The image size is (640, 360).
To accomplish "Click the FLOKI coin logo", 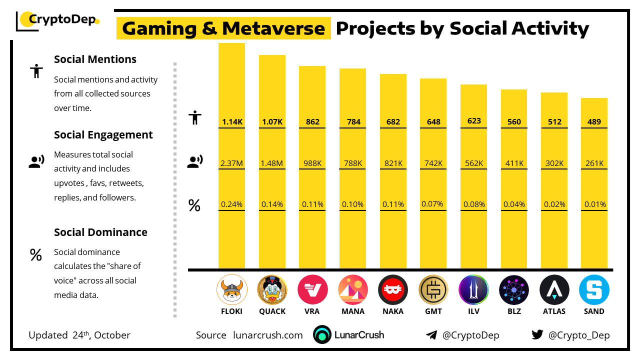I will click(x=231, y=290).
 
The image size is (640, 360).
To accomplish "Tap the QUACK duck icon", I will click(x=272, y=290).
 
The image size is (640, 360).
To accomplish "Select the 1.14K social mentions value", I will click(x=231, y=122).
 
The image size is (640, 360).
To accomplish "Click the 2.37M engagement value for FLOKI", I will click(x=231, y=163).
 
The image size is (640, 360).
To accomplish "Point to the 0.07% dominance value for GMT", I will click(x=433, y=203).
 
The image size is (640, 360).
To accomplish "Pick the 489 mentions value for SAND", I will click(x=594, y=122).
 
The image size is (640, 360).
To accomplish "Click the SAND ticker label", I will click(x=594, y=311).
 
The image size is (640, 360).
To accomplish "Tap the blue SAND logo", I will click(x=594, y=290).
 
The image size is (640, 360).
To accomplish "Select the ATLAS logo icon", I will click(x=554, y=290).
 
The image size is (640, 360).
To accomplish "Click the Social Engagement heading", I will click(x=103, y=135).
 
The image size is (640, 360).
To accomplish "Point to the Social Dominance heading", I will click(x=100, y=232).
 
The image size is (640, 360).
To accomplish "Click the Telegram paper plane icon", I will click(x=431, y=335).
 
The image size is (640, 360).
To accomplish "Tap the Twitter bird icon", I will click(x=537, y=334).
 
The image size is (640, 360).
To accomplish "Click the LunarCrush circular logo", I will click(x=322, y=335).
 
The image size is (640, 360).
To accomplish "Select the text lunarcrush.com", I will click(x=268, y=335).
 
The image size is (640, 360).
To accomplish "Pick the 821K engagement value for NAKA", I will click(x=393, y=163).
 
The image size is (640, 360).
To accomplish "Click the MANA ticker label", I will click(x=352, y=311).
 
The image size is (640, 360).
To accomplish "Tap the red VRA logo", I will click(x=312, y=290).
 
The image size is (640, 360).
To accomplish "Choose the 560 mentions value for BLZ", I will click(x=514, y=122).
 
